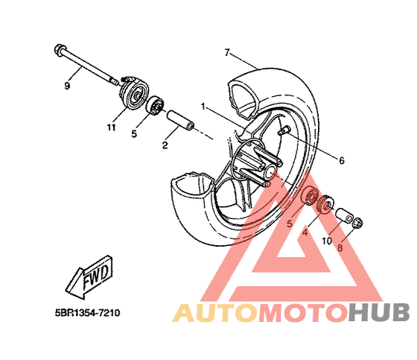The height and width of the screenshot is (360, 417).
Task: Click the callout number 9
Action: pos(67,86)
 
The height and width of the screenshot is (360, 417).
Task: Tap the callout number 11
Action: pos(112,127)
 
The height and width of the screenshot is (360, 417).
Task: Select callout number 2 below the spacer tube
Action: pos(165,145)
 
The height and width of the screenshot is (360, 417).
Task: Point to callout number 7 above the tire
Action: pos(226,52)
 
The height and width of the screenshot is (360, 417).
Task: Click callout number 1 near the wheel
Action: pos(203,107)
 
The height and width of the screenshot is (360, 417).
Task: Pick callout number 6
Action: pos(342,160)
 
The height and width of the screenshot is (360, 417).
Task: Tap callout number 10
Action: pos(327,241)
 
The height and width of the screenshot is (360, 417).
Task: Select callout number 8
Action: pos(340,248)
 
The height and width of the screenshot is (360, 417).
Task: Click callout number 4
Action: pos(305,233)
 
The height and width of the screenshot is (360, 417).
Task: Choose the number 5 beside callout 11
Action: pos(134,133)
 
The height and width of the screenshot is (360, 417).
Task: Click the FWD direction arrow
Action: pos(89,277)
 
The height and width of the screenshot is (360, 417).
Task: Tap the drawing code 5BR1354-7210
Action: pos(88,312)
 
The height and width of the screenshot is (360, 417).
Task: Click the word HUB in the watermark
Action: pos(379,312)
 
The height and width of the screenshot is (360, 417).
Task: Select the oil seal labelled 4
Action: pos(325,204)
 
